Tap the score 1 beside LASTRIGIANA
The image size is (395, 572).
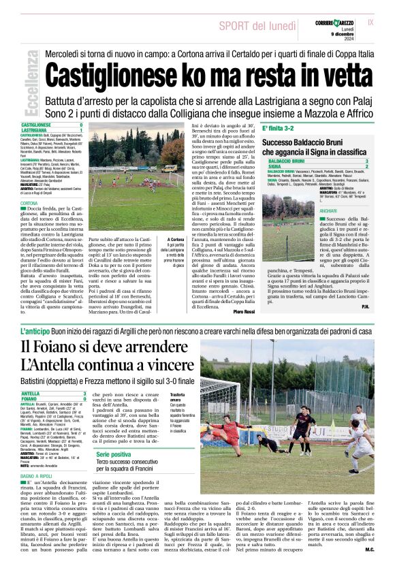81,129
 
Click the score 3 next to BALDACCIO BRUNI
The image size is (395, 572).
366,161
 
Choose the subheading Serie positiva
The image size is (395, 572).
113,454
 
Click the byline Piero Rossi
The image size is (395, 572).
242,311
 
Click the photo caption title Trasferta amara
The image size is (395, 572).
178,398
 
